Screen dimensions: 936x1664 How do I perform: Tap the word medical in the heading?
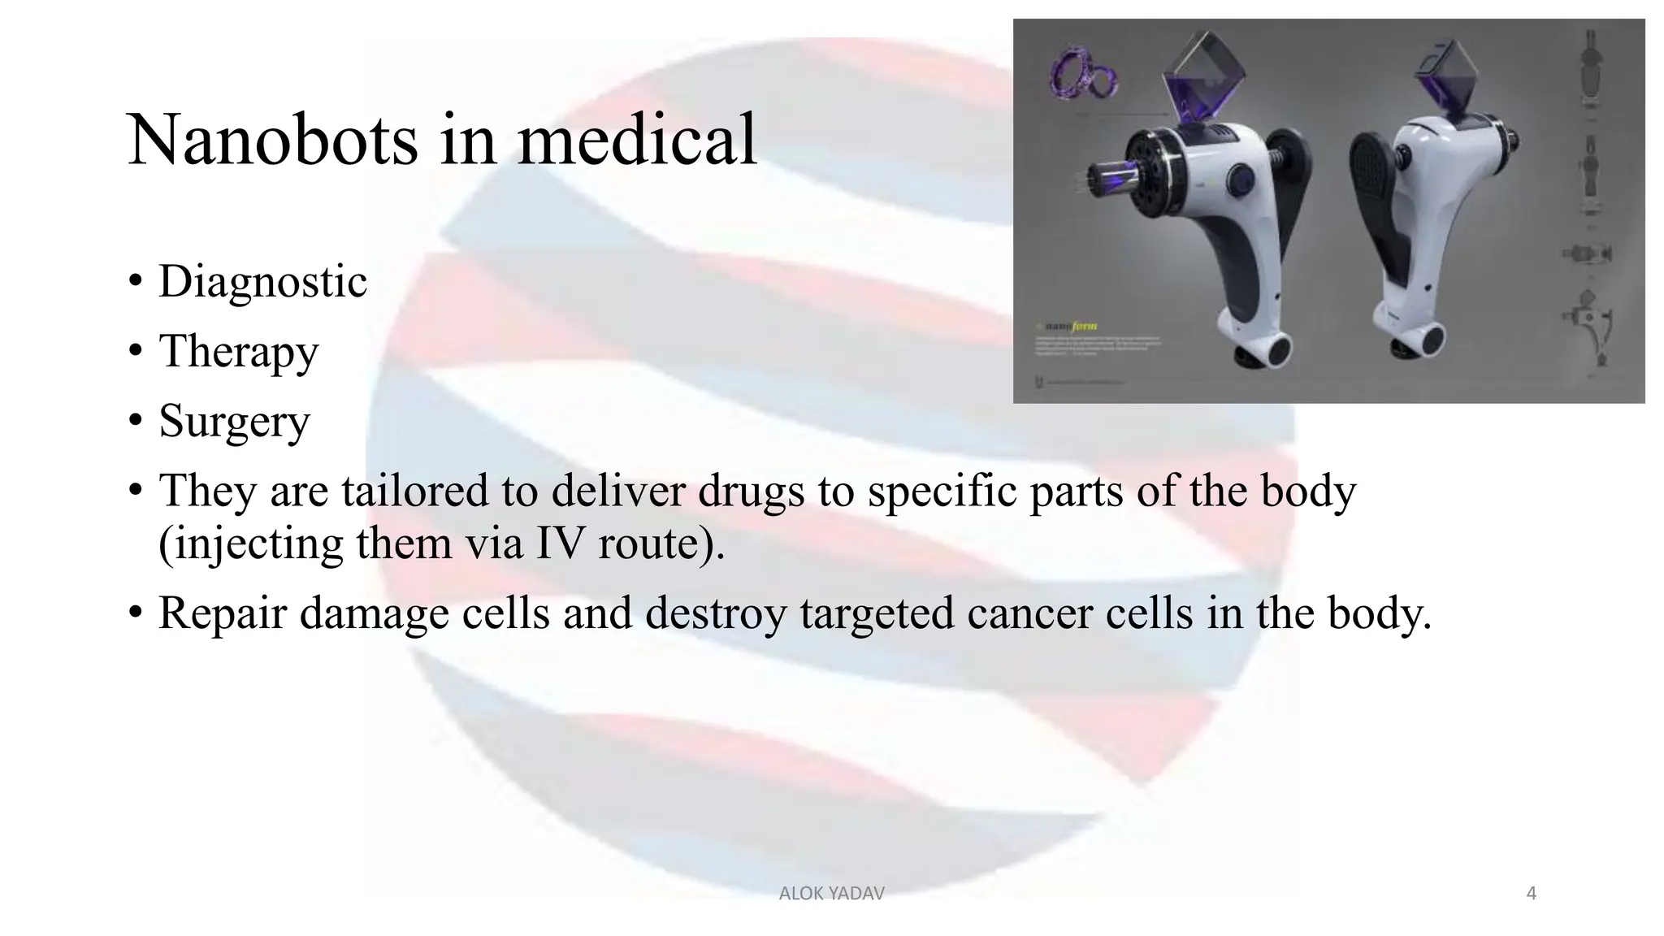[x=637, y=140]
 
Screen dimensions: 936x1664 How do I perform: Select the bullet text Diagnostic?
[x=262, y=282]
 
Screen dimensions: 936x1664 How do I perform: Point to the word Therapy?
[x=238, y=352]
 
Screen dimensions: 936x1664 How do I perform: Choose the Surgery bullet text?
[x=234, y=421]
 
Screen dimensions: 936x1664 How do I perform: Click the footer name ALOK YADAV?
[x=831, y=894]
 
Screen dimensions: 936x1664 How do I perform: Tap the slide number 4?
[x=1532, y=894]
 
